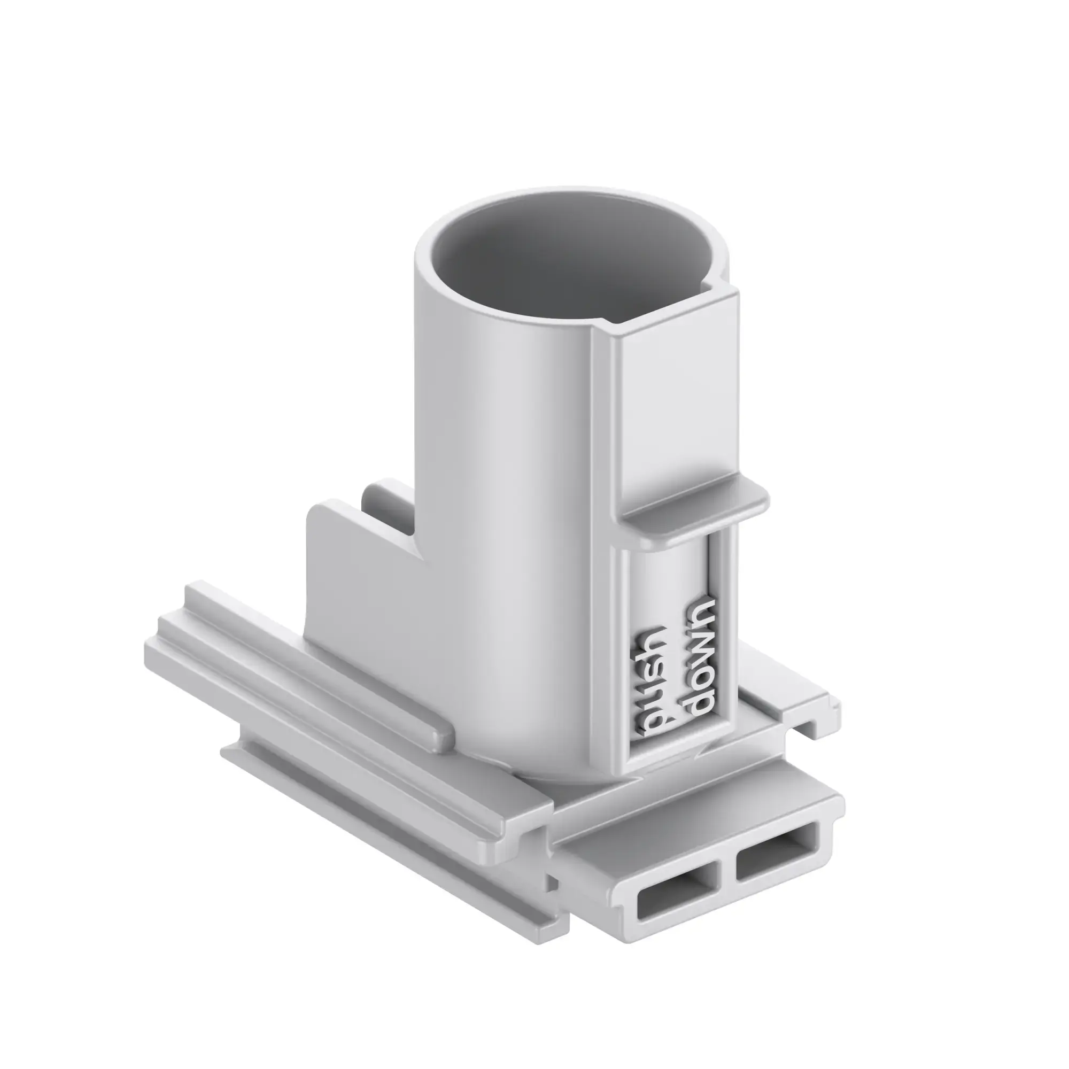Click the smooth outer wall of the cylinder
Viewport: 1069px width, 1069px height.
[x=498, y=498]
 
